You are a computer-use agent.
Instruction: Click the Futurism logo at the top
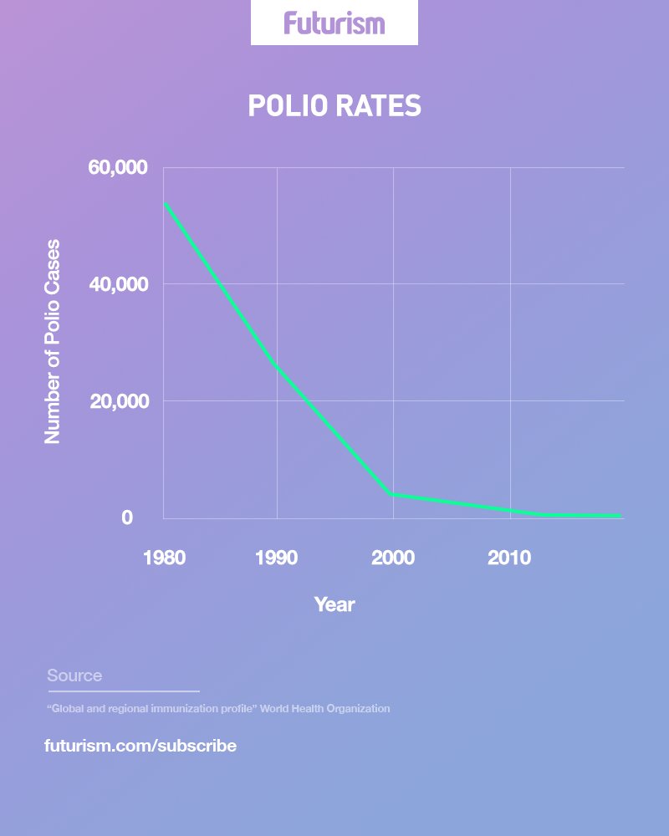(x=334, y=23)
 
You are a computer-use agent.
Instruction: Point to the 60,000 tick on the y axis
(x=118, y=168)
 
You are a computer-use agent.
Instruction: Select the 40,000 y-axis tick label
(x=118, y=284)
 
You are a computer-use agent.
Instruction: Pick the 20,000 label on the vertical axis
(x=118, y=401)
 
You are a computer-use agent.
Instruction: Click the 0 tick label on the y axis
(x=127, y=517)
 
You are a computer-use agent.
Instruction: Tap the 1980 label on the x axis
(x=164, y=558)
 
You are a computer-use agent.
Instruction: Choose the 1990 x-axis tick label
(x=277, y=558)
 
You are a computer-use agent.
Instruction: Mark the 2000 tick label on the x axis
(x=393, y=558)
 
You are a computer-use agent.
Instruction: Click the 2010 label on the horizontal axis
(x=509, y=558)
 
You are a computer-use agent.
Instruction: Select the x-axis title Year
(x=334, y=604)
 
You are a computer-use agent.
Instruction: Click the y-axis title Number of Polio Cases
(x=53, y=341)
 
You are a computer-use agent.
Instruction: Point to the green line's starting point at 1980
(x=166, y=204)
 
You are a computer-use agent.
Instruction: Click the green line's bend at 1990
(x=277, y=367)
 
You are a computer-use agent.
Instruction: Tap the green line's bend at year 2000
(x=392, y=495)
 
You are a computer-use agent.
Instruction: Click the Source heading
(x=74, y=675)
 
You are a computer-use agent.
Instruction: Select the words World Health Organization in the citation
(x=324, y=709)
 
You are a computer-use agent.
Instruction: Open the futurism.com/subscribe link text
(x=140, y=746)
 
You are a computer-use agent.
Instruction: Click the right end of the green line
(x=620, y=516)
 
